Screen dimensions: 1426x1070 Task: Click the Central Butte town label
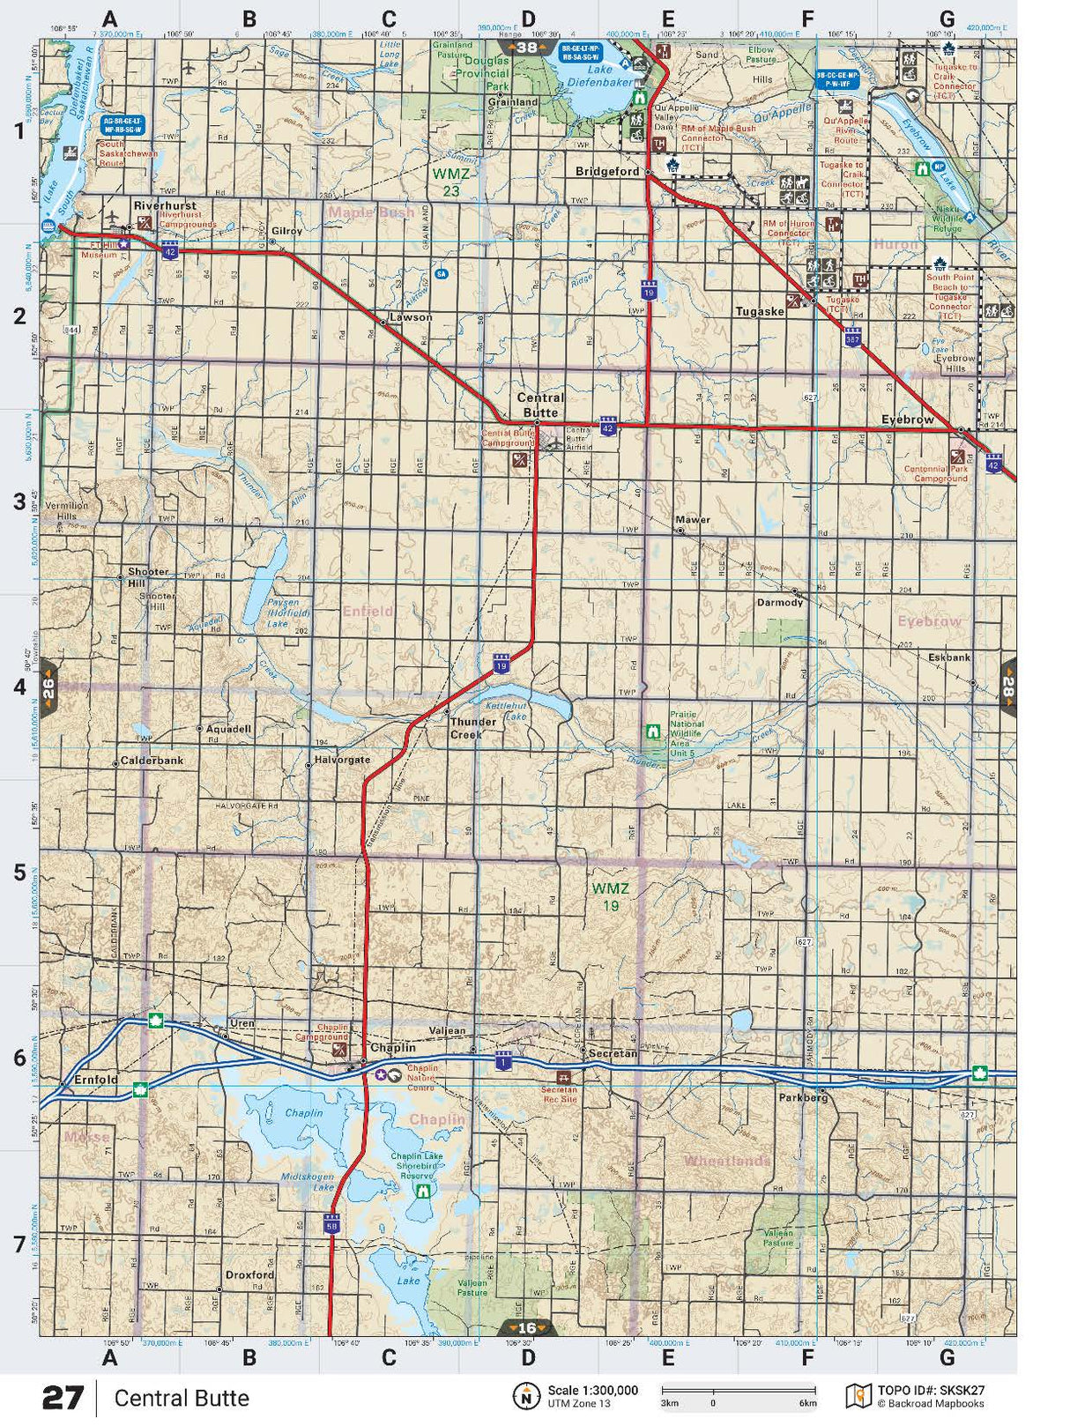(539, 405)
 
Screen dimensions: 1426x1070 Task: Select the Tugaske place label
(760, 312)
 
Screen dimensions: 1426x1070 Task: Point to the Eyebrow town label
(907, 420)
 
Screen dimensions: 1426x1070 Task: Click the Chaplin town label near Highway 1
(392, 1048)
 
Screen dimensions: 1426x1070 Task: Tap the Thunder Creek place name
(473, 727)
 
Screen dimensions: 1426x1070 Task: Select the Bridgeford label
(607, 172)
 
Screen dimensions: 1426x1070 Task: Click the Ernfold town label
(96, 1080)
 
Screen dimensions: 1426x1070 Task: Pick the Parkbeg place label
(803, 1098)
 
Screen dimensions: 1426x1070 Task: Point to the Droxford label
(249, 1274)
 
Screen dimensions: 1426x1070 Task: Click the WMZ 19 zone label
(611, 896)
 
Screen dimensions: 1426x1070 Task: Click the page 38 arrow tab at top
(527, 48)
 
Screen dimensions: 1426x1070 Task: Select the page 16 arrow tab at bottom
(527, 1327)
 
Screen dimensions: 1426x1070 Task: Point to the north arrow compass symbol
(526, 1396)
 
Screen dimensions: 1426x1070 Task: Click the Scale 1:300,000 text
(592, 1391)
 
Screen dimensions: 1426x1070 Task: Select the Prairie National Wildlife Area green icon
(653, 731)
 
